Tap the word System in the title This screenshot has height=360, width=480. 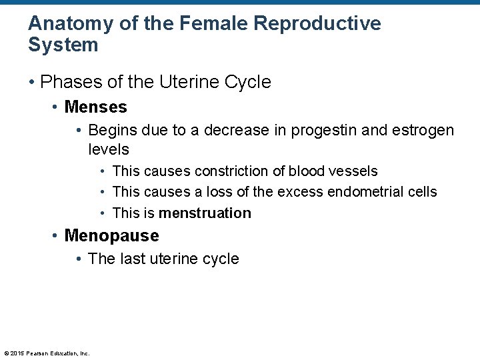(x=63, y=45)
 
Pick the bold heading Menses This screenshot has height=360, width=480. (x=95, y=107)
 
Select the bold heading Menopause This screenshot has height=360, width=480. (x=111, y=236)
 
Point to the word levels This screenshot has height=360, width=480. (x=109, y=149)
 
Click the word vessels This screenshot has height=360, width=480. (x=353, y=171)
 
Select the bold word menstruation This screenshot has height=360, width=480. (x=205, y=213)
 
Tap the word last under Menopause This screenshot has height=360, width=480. (x=133, y=259)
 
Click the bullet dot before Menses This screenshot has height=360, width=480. (x=56, y=107)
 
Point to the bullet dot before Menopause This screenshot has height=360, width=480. (x=56, y=236)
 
